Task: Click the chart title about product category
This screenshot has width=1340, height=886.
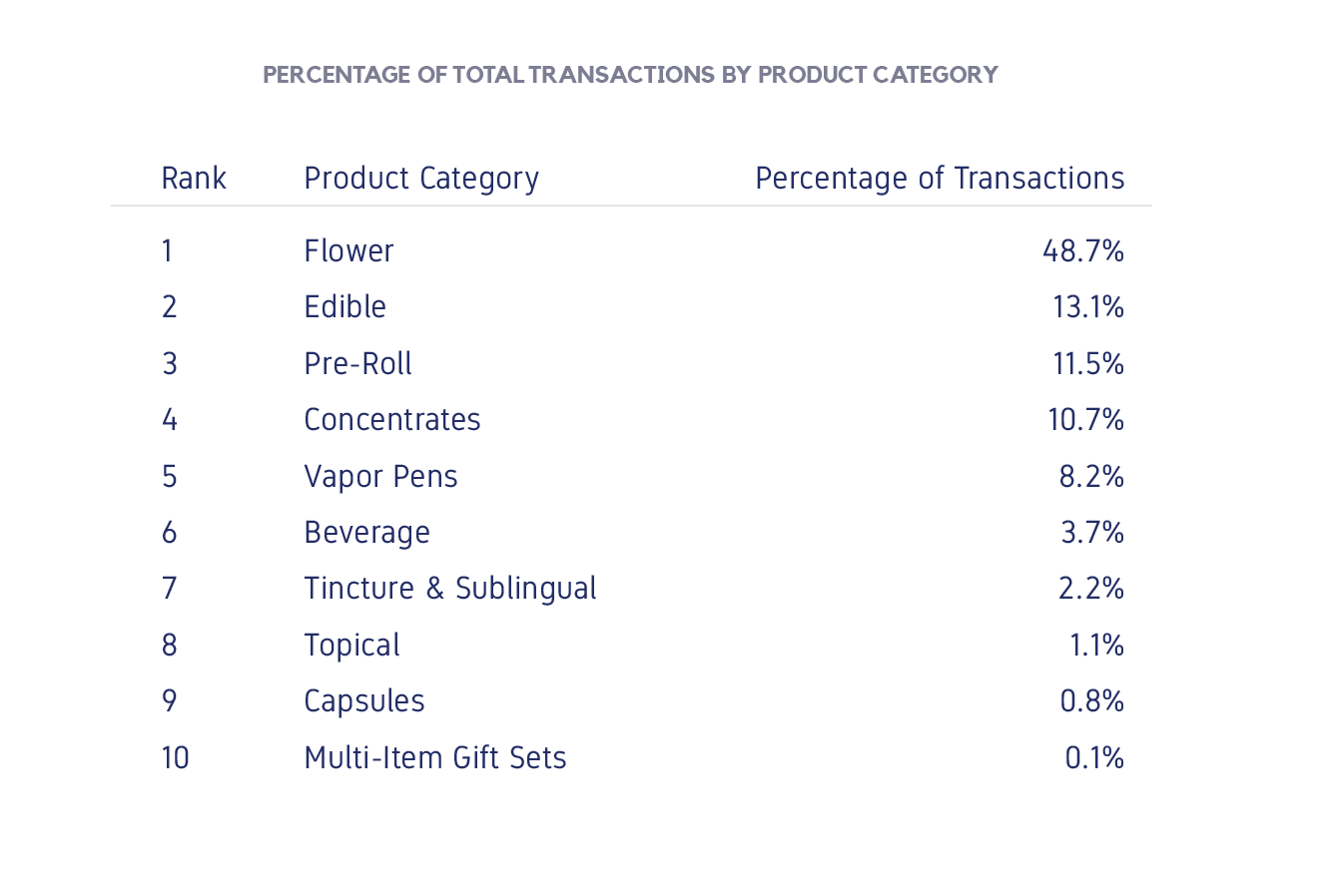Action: point(630,75)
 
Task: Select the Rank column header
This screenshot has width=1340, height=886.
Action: point(194,179)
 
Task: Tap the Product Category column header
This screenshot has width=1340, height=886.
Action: point(421,179)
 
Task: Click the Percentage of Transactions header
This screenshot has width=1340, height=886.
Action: point(940,179)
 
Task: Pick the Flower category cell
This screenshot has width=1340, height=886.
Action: point(348,250)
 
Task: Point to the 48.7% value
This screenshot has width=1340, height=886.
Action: point(1083,250)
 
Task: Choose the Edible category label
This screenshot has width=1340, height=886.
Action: point(344,307)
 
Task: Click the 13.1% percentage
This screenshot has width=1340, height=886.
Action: point(1088,307)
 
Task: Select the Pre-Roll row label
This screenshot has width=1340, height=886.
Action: point(357,363)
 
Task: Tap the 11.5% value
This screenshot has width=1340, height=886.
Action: point(1088,363)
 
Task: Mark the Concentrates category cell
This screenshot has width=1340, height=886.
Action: point(392,420)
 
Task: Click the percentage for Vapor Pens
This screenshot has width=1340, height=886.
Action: point(1091,476)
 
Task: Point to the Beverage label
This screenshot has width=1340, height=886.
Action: point(366,533)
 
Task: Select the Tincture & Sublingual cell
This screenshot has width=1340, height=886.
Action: point(450,589)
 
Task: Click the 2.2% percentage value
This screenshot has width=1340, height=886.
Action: point(1091,589)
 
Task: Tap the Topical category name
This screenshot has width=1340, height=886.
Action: point(351,646)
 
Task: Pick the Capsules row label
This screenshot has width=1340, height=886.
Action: point(364,701)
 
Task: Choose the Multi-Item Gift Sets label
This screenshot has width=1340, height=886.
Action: point(435,758)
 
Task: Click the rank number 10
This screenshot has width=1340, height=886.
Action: point(175,758)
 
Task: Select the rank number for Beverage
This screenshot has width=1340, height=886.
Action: point(169,533)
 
